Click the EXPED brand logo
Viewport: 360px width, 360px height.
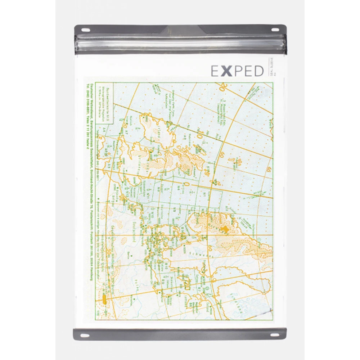pos(237,71)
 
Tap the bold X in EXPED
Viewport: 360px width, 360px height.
pos(226,71)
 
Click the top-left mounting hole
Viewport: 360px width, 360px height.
pos(85,30)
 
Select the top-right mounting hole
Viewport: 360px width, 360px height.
pos(275,30)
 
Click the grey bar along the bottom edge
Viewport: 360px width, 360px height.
pos(180,334)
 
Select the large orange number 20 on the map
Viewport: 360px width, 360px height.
pos(223,87)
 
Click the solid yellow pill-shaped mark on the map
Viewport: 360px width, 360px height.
pos(105,299)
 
